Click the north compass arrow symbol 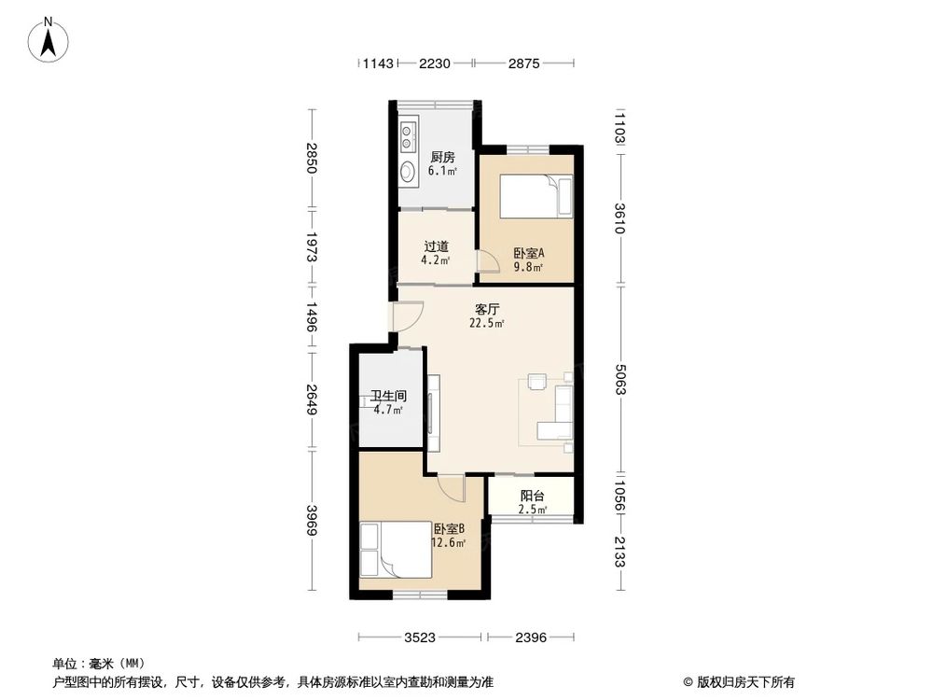[51, 40]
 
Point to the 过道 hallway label [437, 246]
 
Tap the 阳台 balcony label [532, 497]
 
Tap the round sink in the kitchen [408, 172]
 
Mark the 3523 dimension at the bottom [421, 638]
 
